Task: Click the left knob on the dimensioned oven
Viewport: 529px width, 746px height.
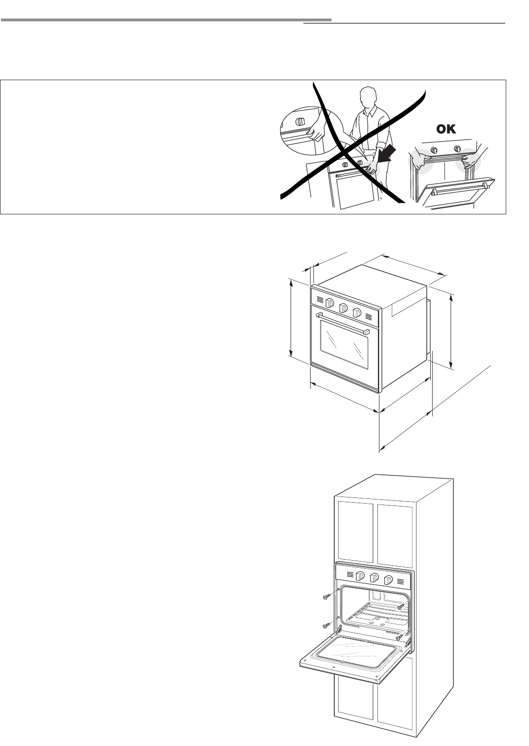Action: tap(331, 304)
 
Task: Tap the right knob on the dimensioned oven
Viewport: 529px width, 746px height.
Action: tap(357, 313)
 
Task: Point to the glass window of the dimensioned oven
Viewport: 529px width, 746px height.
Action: tap(344, 345)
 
